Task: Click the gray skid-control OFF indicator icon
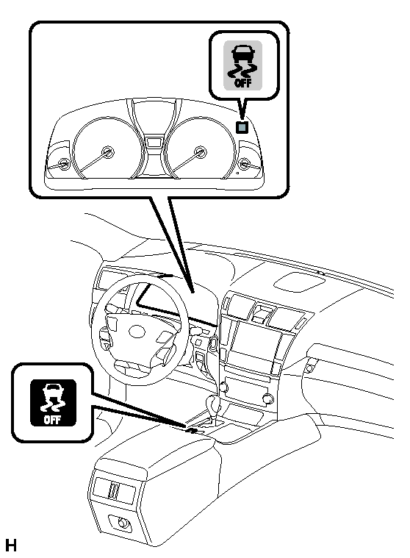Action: tap(243, 65)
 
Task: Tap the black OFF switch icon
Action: tap(53, 403)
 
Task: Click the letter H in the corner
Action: tap(11, 546)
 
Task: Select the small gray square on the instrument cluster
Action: tap(242, 127)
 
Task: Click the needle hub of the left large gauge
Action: tap(107, 152)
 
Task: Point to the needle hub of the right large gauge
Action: tap(200, 152)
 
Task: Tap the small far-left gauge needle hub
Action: tap(64, 165)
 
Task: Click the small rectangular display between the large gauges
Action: tap(154, 142)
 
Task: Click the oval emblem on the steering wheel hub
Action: tap(137, 332)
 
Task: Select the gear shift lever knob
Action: tap(214, 403)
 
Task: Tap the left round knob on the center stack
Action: tap(223, 387)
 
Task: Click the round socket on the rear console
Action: tap(123, 523)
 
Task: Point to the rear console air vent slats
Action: tap(114, 490)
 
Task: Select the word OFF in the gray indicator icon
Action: tap(243, 83)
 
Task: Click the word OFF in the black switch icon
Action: tap(52, 420)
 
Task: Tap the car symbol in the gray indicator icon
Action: tap(243, 53)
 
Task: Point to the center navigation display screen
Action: tap(255, 343)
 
